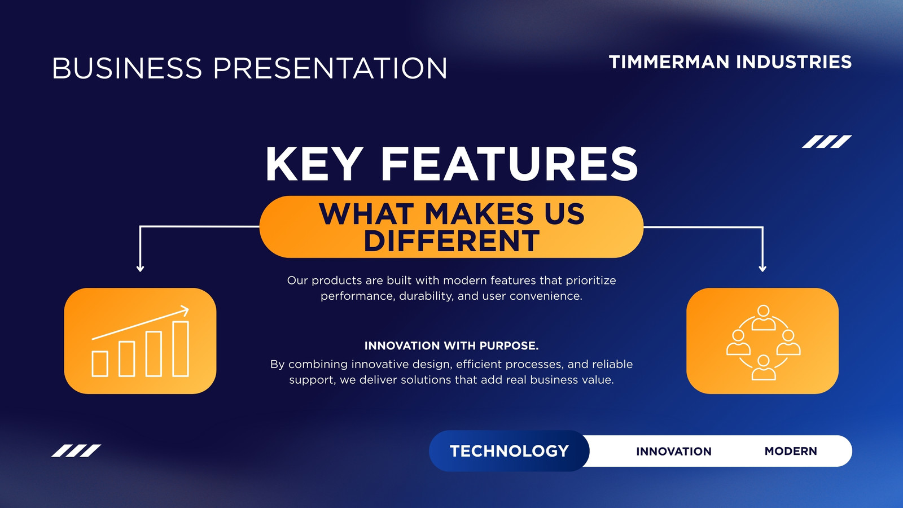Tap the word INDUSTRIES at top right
coord(794,62)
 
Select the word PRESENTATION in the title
coord(330,68)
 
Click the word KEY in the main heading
coord(314,163)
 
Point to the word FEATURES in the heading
coord(509,163)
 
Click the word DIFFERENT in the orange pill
coord(451,240)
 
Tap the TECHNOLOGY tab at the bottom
coord(509,451)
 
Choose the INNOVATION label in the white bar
coord(674,451)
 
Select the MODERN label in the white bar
coord(791,451)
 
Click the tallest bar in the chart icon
coord(181,349)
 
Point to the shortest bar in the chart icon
coord(100,364)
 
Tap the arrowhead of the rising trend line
coord(185,311)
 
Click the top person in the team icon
coord(763,318)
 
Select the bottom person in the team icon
coord(763,367)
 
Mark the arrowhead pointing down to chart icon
coord(141,268)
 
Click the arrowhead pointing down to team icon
coord(762,268)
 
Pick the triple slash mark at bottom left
coord(76,451)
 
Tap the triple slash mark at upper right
coord(827,142)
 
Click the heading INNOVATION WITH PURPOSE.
coord(451,346)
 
